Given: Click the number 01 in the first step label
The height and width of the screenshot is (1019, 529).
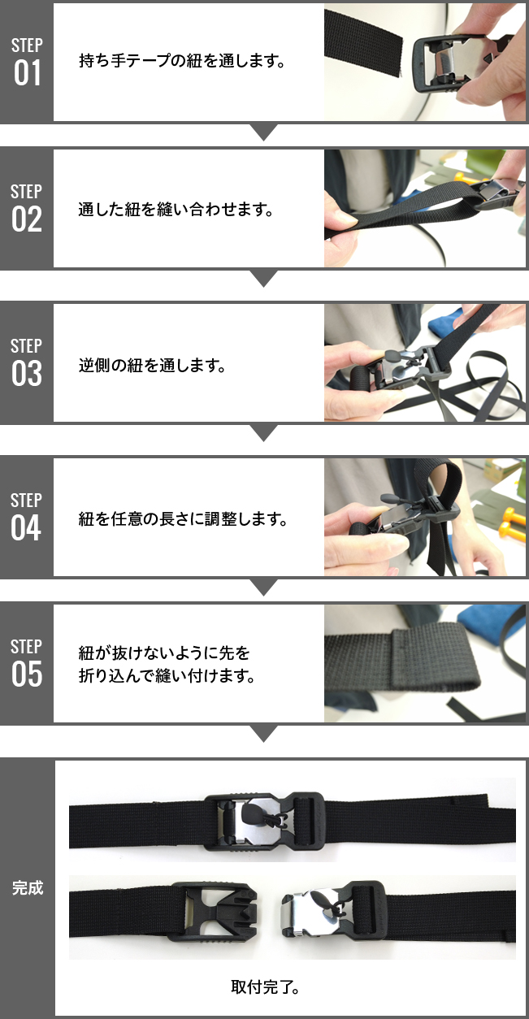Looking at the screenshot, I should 27,73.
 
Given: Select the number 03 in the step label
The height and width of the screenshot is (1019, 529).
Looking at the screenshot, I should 27,374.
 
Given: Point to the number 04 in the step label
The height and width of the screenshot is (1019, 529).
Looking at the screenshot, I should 27,528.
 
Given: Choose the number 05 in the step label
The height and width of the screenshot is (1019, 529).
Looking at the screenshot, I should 27,674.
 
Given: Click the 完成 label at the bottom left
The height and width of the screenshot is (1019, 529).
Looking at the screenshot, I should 27,887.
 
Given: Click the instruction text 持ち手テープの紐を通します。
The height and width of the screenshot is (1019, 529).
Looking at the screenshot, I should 183,61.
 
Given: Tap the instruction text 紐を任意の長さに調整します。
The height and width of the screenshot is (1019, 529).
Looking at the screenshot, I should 183,518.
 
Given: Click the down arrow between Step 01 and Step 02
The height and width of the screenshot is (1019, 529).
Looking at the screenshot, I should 264,132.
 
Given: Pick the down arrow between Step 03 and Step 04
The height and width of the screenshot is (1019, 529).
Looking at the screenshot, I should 264,433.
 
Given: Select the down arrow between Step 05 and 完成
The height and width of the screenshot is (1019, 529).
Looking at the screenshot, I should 264,734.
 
